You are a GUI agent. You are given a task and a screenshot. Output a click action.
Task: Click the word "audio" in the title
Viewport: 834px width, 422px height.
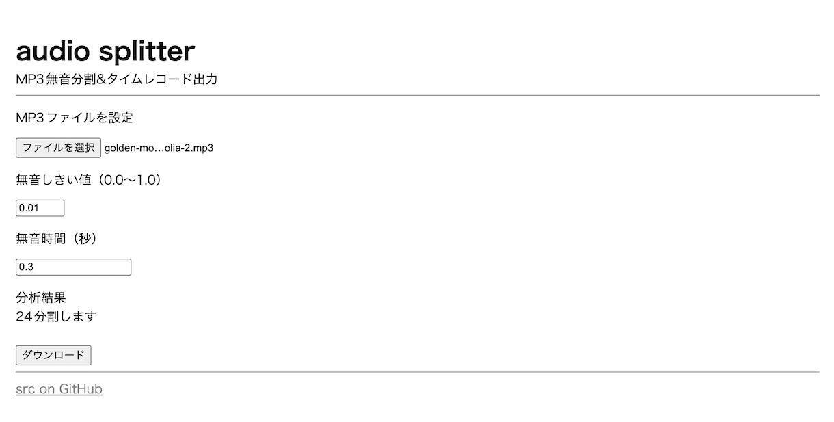53,51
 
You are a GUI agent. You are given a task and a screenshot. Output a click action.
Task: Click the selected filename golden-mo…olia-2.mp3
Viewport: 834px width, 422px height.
159,148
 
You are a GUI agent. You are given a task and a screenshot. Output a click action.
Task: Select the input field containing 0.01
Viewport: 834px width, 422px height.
40,208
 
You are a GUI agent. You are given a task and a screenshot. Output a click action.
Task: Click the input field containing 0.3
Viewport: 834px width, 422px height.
73,267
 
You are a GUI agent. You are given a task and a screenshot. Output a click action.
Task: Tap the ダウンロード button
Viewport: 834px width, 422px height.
53,355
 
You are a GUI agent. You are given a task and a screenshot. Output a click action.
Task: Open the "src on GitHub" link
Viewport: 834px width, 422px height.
59,389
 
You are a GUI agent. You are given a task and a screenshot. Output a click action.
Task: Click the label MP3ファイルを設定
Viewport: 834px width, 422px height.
74,118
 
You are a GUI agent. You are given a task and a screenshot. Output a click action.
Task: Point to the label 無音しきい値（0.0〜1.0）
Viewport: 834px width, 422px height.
89,181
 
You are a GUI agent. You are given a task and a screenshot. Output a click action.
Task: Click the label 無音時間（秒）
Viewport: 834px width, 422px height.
56,239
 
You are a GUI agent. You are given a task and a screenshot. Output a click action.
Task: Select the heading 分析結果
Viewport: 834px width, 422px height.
41,298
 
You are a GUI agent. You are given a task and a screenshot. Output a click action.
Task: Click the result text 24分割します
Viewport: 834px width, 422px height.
56,317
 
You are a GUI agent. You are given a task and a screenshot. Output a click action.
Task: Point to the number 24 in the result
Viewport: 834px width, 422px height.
24,317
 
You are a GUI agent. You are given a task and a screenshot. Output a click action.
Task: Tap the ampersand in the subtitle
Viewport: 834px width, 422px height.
101,79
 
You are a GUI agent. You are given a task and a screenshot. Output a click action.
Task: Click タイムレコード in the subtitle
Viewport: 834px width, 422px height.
149,79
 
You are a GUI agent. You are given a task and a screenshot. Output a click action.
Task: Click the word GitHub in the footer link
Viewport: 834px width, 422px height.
81,389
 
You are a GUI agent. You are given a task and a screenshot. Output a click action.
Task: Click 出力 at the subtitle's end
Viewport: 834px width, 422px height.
205,79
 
